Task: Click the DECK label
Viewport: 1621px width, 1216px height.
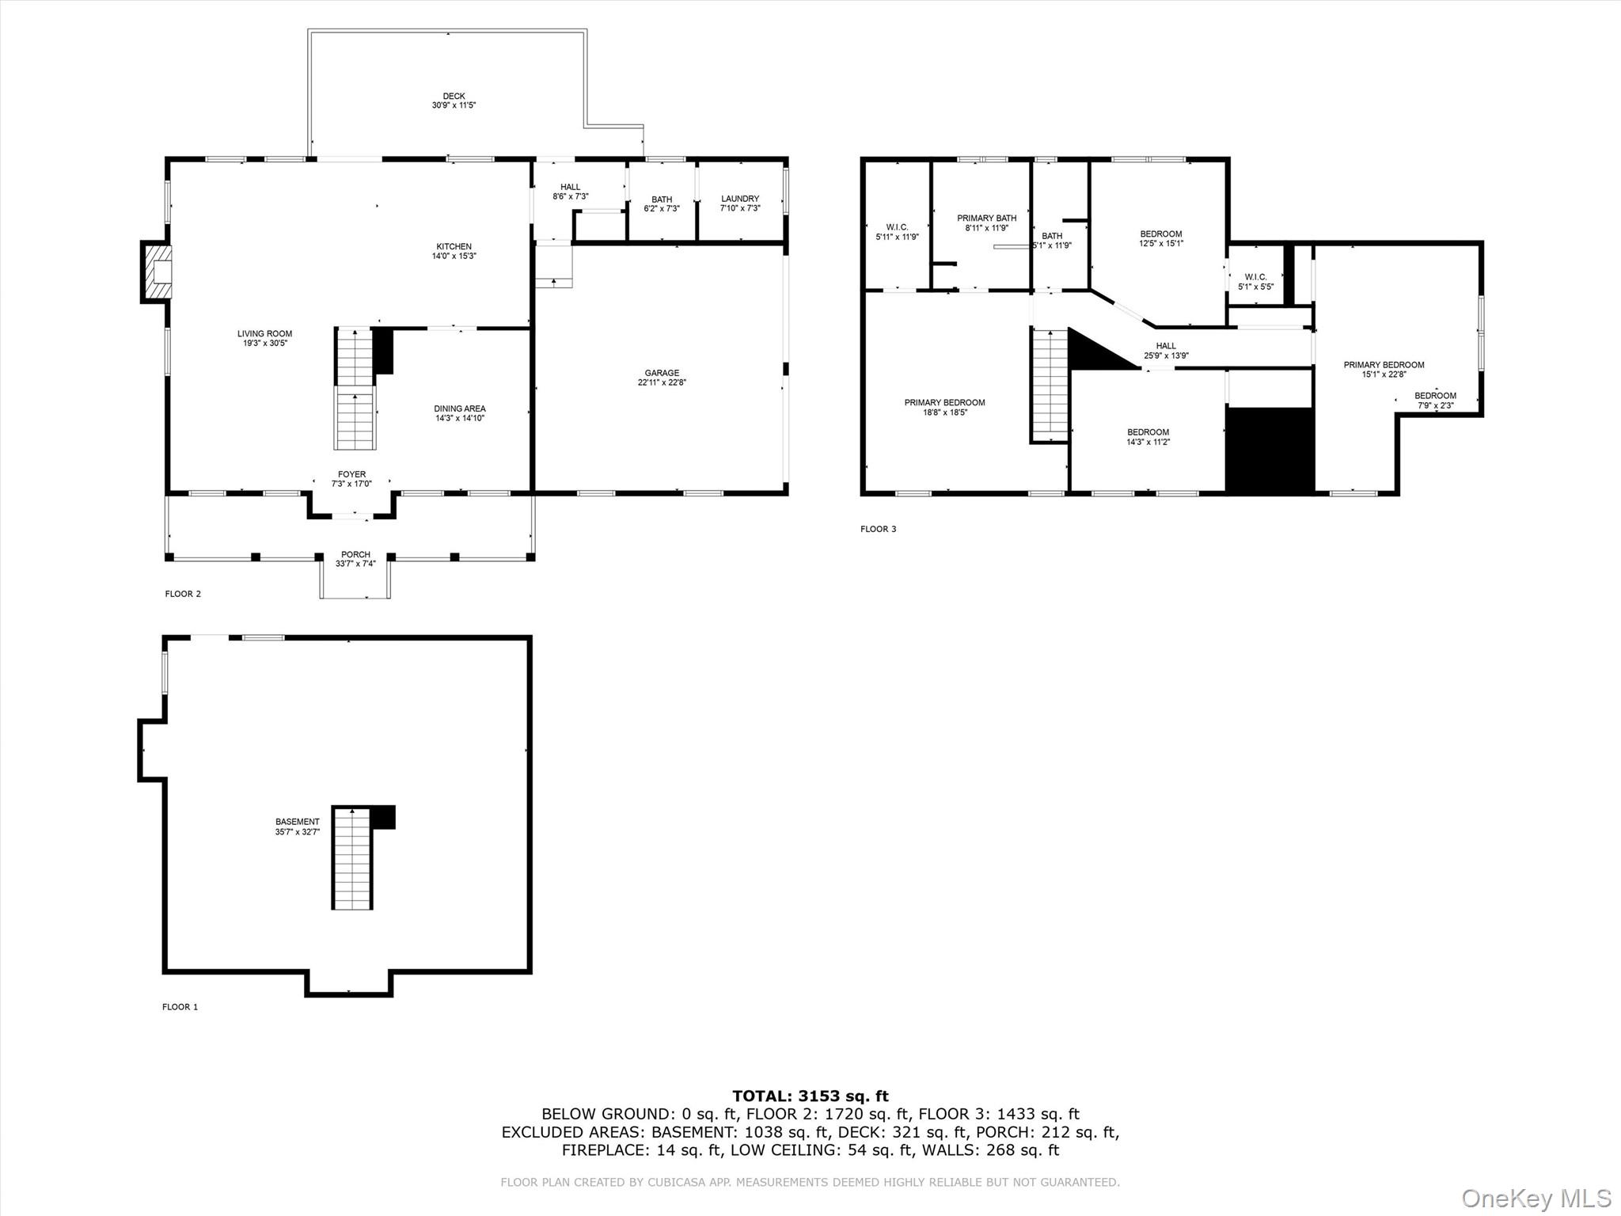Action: (x=454, y=97)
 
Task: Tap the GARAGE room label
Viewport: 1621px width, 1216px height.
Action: (x=662, y=373)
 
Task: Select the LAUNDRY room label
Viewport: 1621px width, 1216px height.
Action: (x=740, y=199)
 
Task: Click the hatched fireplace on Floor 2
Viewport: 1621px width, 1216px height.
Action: (x=157, y=272)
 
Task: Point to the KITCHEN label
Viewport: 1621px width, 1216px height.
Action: (x=454, y=247)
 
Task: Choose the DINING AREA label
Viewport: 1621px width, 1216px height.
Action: (x=459, y=408)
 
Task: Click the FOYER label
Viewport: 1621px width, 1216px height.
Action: (x=351, y=475)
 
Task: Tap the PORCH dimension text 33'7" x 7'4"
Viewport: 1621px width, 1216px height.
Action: (x=355, y=564)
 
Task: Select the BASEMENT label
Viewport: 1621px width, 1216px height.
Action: (x=298, y=822)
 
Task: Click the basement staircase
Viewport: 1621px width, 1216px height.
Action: (x=351, y=859)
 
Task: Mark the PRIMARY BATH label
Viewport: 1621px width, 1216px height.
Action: (x=986, y=218)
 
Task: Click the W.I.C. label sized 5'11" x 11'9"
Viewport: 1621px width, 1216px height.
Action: (x=897, y=227)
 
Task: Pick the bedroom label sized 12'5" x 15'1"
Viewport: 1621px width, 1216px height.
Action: (x=1161, y=234)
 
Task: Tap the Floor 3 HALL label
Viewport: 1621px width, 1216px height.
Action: (x=1166, y=346)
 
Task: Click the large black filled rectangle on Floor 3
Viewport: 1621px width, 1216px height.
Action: (x=1270, y=451)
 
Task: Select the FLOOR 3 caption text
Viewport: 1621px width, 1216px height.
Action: (x=878, y=529)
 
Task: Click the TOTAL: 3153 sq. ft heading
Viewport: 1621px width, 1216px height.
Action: (x=810, y=1096)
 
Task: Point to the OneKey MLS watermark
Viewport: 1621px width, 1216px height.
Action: (x=1536, y=1198)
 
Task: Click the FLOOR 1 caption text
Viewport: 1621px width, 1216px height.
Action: (x=180, y=1007)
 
